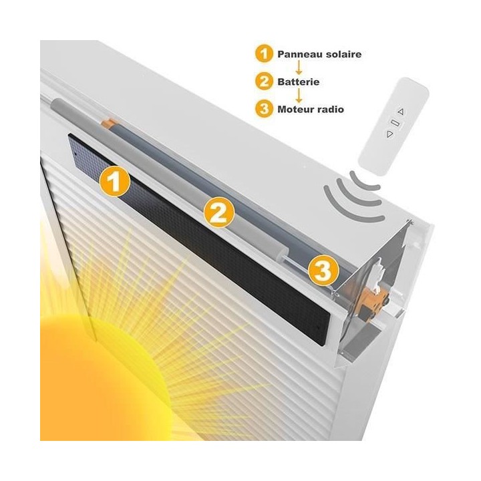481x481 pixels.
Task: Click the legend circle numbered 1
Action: pos(264,53)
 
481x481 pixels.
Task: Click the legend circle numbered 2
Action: pos(264,82)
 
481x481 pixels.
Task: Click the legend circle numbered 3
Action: pos(264,109)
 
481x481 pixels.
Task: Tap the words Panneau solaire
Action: pos(320,53)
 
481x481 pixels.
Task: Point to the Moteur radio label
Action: pos(312,109)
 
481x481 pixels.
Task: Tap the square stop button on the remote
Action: pos(394,123)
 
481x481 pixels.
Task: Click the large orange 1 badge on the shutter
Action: pos(115,182)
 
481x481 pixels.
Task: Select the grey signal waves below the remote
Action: pos(354,197)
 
